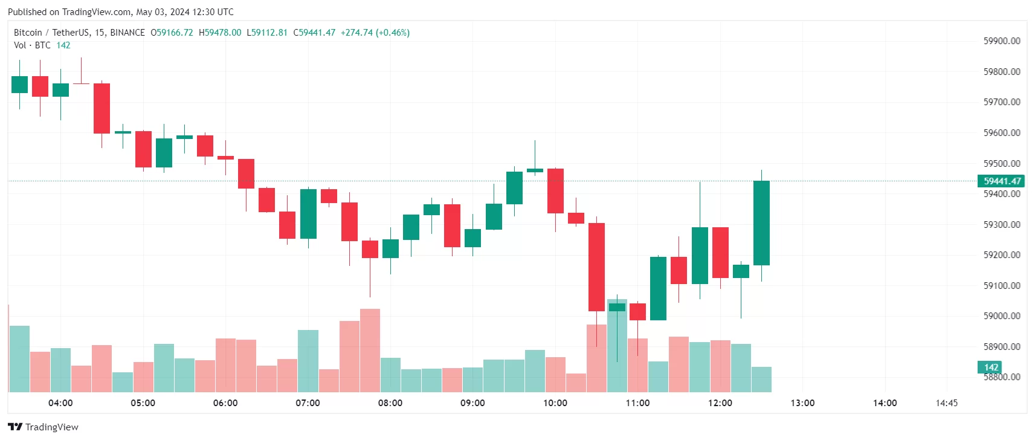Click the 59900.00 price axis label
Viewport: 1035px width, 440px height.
tap(1001, 41)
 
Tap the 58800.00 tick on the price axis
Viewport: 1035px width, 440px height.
tap(1001, 377)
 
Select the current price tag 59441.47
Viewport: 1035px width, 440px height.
tap(1001, 181)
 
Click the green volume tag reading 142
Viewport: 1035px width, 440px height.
tap(990, 367)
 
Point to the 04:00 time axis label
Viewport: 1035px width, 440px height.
tap(60, 403)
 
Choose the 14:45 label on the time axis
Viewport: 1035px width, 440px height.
tap(946, 403)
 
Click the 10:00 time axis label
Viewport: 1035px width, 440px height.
tap(555, 403)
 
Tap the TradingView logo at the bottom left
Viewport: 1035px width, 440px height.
tap(43, 427)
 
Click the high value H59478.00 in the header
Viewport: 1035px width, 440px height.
tap(220, 33)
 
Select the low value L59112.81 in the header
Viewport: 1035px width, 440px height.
tap(267, 33)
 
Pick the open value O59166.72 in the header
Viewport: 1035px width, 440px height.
tap(172, 33)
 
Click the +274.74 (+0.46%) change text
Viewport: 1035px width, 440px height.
tap(375, 33)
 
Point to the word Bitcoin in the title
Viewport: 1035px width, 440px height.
tap(28, 33)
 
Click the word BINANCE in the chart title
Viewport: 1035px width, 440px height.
tap(127, 33)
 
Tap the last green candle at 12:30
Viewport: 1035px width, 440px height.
tap(761, 222)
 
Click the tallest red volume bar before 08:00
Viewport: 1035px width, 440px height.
tap(370, 351)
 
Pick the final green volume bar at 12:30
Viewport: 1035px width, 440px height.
tap(761, 380)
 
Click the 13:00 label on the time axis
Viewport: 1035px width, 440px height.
tap(802, 403)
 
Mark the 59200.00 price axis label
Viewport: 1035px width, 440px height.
tap(1001, 255)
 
